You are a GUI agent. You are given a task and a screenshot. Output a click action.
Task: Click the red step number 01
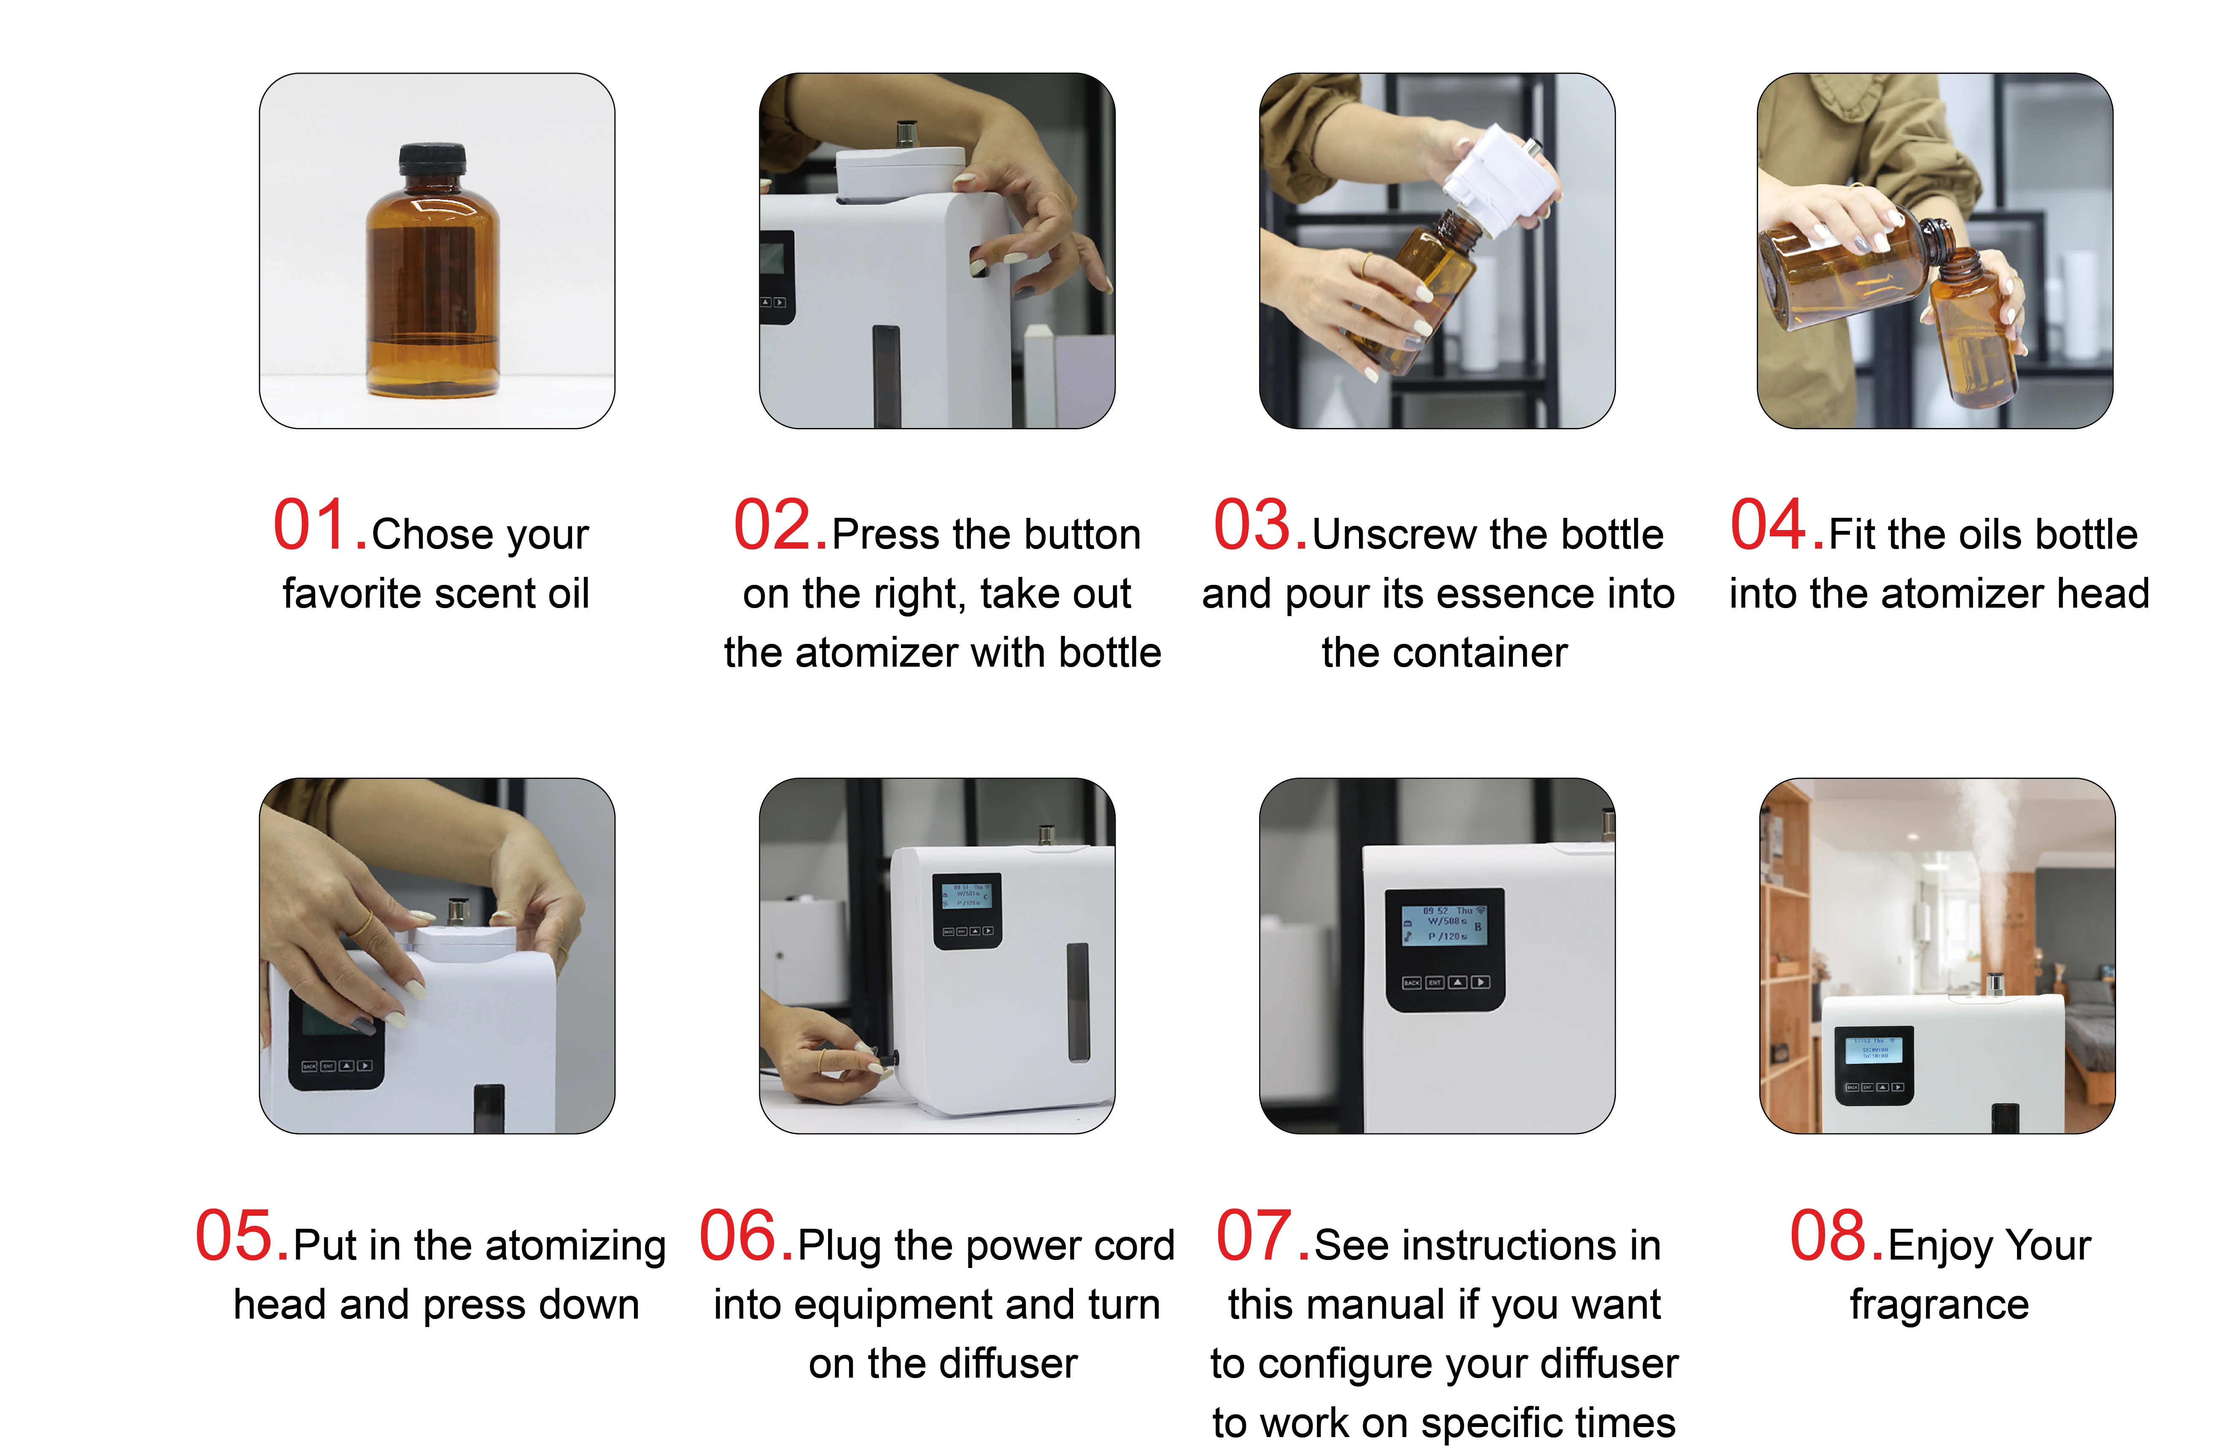click(320, 525)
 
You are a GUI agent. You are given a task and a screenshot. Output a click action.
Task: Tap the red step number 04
click(1777, 525)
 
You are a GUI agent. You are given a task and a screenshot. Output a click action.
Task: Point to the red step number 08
click(1836, 1236)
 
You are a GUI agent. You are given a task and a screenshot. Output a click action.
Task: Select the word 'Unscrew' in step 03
click(1381, 534)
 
